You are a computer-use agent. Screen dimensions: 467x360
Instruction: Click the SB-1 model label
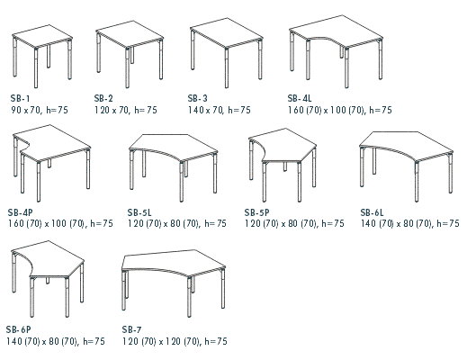click(21, 98)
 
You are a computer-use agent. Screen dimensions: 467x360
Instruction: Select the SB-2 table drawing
click(130, 54)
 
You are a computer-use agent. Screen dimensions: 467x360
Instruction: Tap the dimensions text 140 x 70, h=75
click(220, 110)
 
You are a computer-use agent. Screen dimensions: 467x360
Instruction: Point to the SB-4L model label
click(300, 98)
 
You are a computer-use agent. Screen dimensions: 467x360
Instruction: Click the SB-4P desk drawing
click(51, 163)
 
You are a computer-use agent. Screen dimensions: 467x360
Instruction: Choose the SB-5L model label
click(139, 212)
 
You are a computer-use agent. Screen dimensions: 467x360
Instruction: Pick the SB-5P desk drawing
click(283, 165)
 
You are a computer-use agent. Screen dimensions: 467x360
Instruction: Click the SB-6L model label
click(372, 212)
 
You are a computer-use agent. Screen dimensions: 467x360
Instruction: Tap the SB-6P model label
click(19, 329)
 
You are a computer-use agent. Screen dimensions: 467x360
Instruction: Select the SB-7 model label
click(131, 329)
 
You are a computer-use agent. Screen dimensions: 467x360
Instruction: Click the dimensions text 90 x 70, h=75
click(40, 110)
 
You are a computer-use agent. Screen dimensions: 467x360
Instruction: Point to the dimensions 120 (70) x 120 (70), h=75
click(175, 341)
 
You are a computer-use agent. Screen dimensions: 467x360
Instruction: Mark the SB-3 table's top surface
click(227, 32)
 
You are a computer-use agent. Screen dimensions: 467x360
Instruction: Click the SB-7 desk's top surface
click(173, 262)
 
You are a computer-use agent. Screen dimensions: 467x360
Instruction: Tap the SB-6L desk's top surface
click(406, 145)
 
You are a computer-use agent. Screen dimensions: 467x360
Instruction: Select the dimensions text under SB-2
click(126, 110)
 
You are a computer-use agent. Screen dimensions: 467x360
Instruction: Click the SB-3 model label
click(198, 98)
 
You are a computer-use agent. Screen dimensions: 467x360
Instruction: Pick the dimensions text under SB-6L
click(410, 223)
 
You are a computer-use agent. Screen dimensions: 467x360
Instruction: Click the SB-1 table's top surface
click(42, 36)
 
